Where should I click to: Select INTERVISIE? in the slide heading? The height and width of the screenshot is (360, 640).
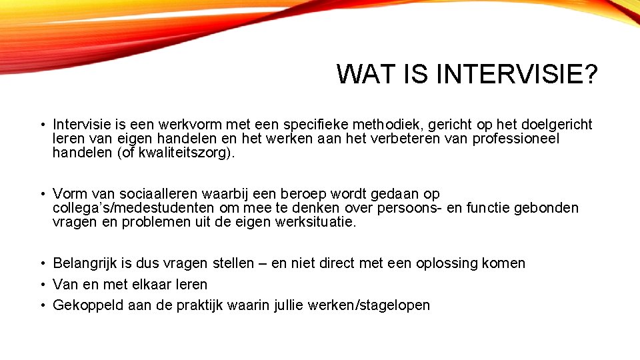[517, 74]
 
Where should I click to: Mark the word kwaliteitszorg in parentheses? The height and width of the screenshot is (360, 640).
[179, 153]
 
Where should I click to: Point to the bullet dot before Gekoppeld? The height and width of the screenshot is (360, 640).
[41, 305]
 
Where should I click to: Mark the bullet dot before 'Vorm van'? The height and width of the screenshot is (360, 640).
[41, 194]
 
